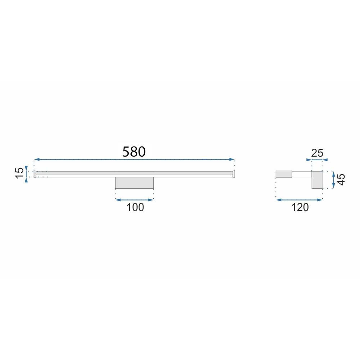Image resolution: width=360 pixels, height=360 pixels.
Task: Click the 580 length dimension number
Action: pos(134,152)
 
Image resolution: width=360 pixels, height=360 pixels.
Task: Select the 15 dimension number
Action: pos(20,172)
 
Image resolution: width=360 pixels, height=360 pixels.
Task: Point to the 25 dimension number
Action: pos(317,153)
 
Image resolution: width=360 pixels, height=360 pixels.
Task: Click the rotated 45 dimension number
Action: pos(341,180)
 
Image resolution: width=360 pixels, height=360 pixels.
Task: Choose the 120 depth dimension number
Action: pos(300,207)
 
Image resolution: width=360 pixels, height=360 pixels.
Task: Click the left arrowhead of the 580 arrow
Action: pos(36,159)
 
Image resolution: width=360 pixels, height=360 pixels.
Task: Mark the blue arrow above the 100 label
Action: pos(134,199)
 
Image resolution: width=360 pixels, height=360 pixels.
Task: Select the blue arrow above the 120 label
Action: pos(299,199)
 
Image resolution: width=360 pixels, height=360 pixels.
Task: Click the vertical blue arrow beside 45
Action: pos(333,180)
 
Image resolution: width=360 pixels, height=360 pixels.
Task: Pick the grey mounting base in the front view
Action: pos(134,183)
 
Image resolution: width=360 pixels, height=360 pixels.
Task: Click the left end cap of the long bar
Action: pos(35,174)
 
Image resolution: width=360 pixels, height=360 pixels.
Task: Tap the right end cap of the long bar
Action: pos(233,174)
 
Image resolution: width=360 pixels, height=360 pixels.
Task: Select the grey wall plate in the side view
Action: pos(317,180)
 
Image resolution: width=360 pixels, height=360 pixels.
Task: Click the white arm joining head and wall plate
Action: pos(301,174)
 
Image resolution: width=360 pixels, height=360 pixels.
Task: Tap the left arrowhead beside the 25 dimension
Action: pos(308,159)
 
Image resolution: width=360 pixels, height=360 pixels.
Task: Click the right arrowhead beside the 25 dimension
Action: pos(326,159)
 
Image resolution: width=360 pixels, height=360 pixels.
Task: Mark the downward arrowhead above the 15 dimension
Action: pos(26,168)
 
